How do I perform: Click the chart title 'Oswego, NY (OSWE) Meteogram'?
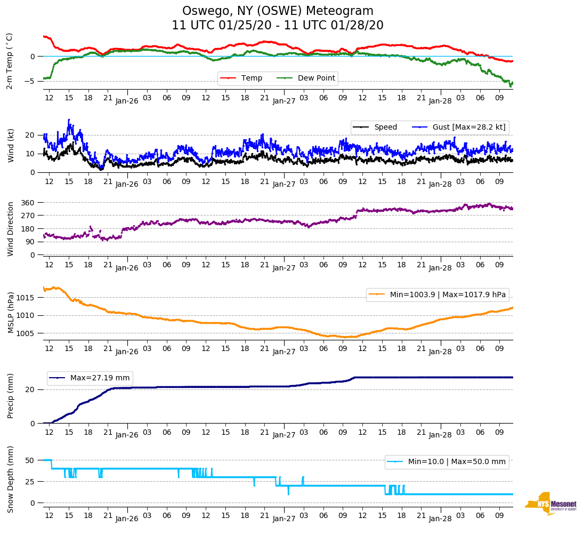coord(278,11)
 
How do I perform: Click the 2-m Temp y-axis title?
coord(10,61)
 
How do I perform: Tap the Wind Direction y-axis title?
coord(10,228)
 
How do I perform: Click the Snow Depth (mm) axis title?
coord(10,480)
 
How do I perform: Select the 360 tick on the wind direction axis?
coord(28,203)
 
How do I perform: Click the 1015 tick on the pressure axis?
coord(26,298)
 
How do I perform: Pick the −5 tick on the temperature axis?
coord(30,81)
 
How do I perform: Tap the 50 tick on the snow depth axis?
coord(30,460)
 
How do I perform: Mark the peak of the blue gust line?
coord(69,120)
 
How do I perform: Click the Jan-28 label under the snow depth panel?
coord(440,518)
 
